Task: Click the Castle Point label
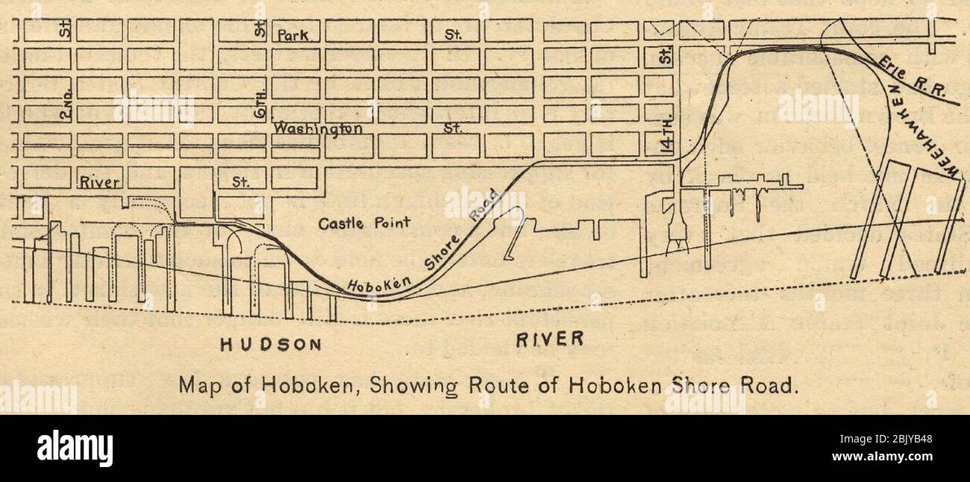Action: click(x=364, y=223)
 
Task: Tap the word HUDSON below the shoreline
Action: click(x=271, y=344)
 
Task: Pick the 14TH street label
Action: click(x=667, y=140)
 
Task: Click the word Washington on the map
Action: click(x=318, y=128)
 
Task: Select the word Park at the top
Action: click(x=298, y=35)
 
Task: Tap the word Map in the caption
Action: click(x=198, y=386)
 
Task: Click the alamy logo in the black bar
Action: click(x=75, y=448)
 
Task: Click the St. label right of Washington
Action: click(x=452, y=128)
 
